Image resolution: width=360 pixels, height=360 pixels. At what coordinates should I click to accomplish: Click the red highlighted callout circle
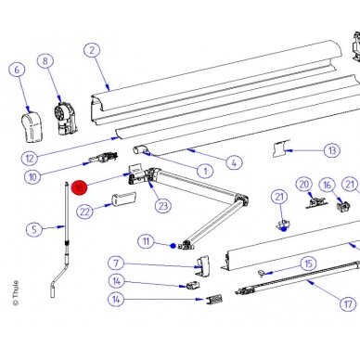[79, 187]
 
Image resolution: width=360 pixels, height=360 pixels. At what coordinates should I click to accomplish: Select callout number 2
[92, 50]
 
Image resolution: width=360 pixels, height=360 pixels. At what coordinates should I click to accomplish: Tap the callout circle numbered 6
[17, 70]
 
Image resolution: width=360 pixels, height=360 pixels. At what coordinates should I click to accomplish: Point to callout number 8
[45, 61]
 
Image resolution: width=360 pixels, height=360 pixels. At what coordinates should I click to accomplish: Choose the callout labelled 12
[30, 159]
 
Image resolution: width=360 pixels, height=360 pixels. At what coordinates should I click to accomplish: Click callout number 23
[163, 206]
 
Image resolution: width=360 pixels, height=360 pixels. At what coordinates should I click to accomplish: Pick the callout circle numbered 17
[348, 304]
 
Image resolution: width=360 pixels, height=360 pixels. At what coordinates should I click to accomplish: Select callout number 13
[332, 150]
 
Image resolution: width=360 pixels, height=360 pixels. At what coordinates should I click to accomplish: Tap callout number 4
[234, 162]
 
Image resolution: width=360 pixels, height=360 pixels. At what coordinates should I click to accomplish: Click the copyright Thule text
[16, 293]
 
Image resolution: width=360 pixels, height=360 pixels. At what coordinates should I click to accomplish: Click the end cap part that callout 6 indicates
[32, 127]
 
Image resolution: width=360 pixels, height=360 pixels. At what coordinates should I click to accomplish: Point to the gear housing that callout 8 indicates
[66, 119]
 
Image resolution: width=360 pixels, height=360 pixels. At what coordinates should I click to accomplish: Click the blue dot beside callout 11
[174, 246]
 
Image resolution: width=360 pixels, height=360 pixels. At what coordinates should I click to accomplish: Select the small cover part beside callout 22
[123, 199]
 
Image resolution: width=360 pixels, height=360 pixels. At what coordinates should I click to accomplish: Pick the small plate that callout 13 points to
[281, 148]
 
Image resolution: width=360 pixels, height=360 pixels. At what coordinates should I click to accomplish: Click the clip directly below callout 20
[315, 202]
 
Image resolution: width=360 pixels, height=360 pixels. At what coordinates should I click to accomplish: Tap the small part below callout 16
[342, 206]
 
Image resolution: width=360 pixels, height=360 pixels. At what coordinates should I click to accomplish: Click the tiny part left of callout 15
[262, 273]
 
